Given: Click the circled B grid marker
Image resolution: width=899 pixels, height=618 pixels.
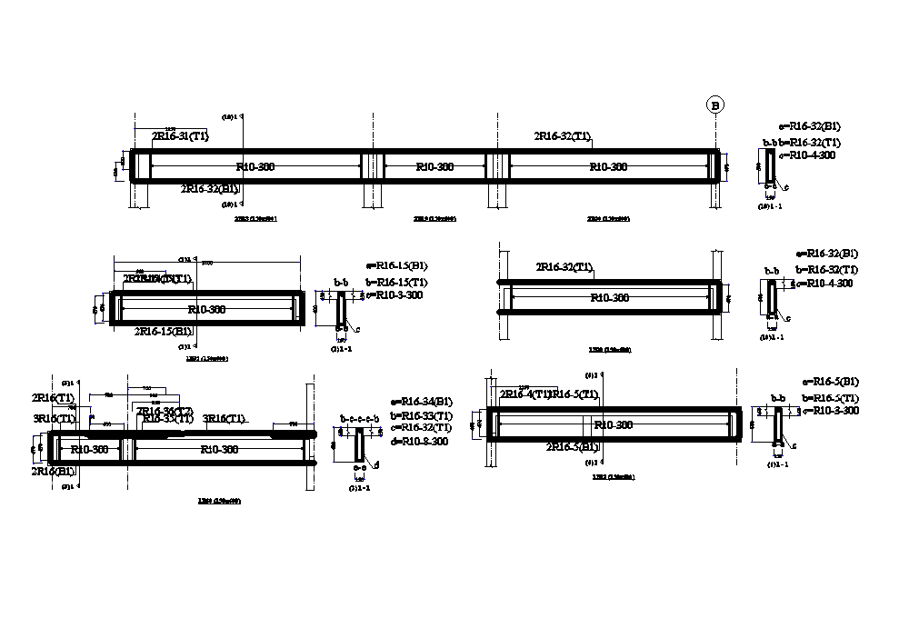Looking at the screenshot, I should pyautogui.click(x=715, y=105).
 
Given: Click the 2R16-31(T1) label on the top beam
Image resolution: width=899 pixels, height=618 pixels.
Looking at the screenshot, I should pyautogui.click(x=180, y=136).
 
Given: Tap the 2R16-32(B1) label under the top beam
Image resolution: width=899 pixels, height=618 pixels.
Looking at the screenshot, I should pyautogui.click(x=210, y=189).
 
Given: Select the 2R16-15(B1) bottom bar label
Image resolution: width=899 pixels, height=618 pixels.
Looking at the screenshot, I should pyautogui.click(x=163, y=331).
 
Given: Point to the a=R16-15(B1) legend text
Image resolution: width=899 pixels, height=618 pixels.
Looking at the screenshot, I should pyautogui.click(x=396, y=266).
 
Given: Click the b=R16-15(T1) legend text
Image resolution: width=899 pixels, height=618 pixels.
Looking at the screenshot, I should pyautogui.click(x=396, y=282).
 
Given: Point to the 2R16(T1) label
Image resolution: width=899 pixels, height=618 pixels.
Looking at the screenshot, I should pyautogui.click(x=54, y=398).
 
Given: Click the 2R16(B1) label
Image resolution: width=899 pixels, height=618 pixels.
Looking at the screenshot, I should pyautogui.click(x=54, y=472).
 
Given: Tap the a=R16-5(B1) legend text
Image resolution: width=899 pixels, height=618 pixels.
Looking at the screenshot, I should pyautogui.click(x=831, y=382).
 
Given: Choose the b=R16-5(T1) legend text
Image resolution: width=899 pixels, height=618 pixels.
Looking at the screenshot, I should pyautogui.click(x=831, y=398).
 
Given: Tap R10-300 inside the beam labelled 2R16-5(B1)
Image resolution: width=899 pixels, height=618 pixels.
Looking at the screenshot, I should pyautogui.click(x=611, y=424).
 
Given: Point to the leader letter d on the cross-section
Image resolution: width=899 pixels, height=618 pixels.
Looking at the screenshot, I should pyautogui.click(x=378, y=464).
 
